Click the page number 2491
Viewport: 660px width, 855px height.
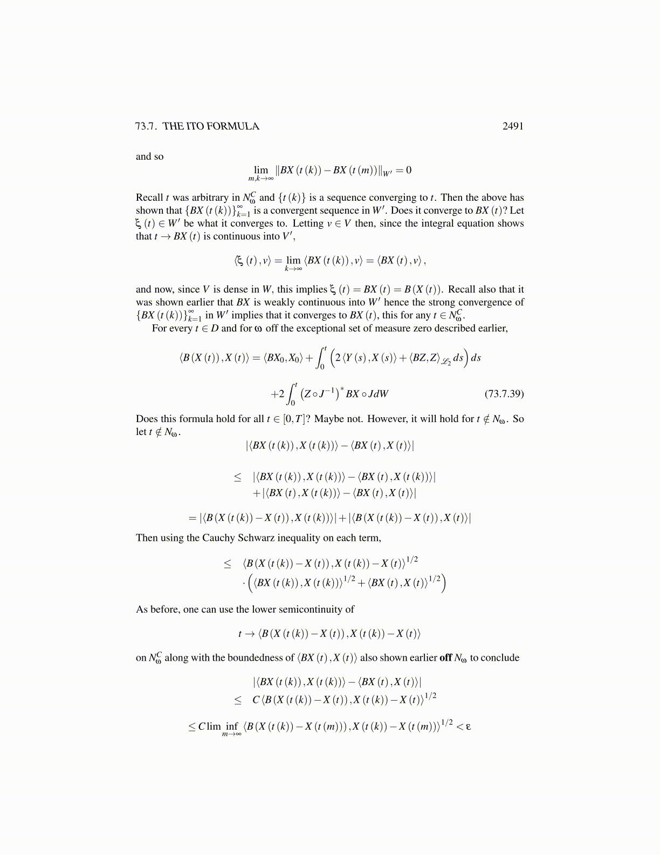tap(513, 126)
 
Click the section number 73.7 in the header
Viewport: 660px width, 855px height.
tap(146, 126)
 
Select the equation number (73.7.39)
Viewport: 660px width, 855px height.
tap(504, 393)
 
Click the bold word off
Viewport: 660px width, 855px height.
tap(445, 658)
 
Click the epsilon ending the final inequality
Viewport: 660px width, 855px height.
tap(468, 727)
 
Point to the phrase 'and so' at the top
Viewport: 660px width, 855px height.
tap(149, 157)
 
